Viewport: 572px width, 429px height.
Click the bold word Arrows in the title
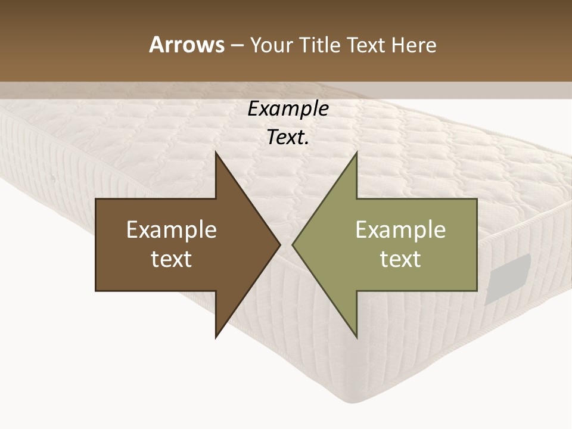186,45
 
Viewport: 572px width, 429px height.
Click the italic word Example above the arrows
288,109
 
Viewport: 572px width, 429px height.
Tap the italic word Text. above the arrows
288,137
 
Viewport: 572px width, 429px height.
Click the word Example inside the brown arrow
172,230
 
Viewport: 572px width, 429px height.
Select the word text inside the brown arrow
172,259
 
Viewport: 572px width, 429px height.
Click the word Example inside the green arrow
400,230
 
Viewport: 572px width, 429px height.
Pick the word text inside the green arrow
400,259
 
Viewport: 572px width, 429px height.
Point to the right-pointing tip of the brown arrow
279,244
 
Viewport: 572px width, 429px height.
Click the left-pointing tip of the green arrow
293,244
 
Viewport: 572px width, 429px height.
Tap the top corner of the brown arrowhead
216,153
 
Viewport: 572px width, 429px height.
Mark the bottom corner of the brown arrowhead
216,337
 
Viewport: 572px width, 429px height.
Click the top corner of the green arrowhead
356,153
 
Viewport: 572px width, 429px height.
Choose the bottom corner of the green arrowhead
356,337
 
